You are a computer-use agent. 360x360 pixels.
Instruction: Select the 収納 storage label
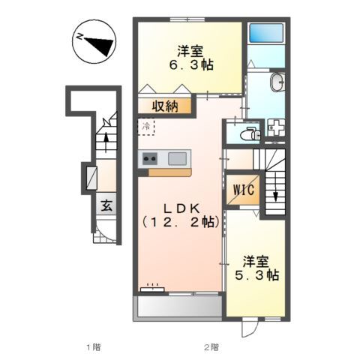click(167, 106)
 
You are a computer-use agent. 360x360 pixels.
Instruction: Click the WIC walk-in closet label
click(243, 190)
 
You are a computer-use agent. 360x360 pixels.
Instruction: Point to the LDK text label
click(179, 207)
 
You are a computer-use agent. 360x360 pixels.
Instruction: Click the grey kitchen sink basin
click(178, 158)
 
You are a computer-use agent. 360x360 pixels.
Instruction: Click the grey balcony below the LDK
click(178, 307)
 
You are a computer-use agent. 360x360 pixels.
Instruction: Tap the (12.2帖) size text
click(179, 223)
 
